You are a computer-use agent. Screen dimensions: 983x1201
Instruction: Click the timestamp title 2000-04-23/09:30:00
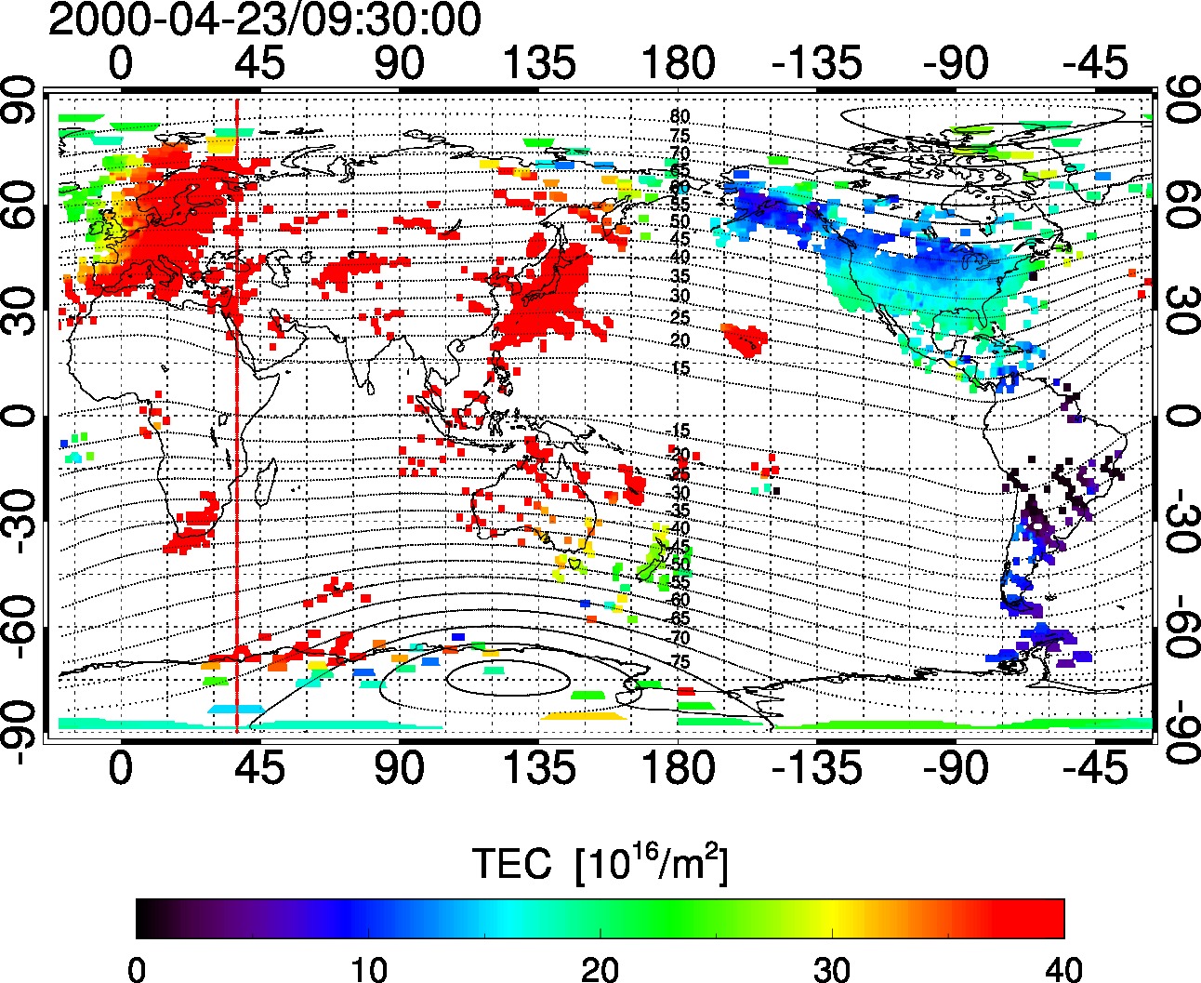pos(265,20)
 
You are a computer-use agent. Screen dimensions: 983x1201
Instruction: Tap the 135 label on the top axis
pos(539,64)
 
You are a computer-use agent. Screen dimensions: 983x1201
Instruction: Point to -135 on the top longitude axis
pos(817,64)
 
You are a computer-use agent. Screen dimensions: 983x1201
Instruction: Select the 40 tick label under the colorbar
pos(1063,967)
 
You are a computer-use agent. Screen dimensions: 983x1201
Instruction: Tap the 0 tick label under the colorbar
pos(137,967)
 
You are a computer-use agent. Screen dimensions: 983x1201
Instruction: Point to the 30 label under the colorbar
pos(832,967)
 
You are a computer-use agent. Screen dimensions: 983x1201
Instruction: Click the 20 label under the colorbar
pos(600,967)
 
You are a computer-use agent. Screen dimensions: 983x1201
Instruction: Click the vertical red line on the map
pos(237,465)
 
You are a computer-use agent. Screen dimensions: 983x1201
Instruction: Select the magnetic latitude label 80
pos(680,116)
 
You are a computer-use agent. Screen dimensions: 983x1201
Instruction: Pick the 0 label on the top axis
pos(121,64)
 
